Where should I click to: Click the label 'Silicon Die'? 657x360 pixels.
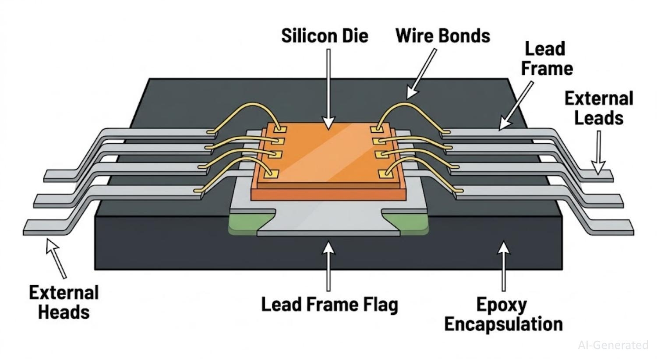coord(325,36)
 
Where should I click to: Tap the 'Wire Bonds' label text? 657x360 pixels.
coord(442,36)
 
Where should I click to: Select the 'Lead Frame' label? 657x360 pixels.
coord(546,59)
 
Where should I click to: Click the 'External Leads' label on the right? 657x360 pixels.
coord(598,108)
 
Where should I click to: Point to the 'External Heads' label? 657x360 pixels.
coord(64,302)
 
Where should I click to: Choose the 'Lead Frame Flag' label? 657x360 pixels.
coord(329,304)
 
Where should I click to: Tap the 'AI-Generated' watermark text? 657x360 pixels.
coord(613,345)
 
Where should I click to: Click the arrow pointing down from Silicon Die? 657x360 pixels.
coord(328,88)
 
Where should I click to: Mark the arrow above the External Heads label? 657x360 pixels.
coord(57,258)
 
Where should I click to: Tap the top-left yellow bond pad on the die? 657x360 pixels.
coord(280,129)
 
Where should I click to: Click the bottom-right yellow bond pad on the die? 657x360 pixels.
coord(385,174)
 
